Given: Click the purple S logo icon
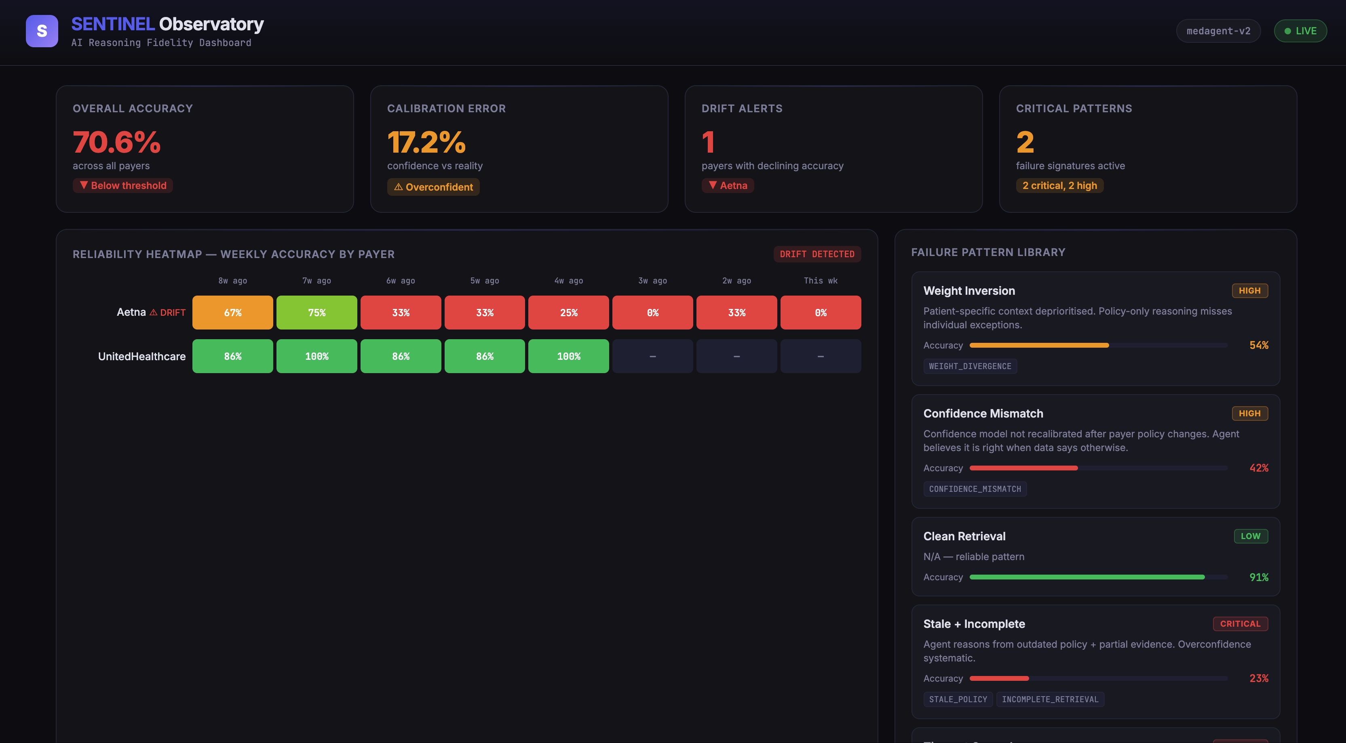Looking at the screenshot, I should pos(42,31).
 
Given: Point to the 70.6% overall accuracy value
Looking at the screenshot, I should pos(116,142).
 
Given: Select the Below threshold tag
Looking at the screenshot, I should pos(123,185).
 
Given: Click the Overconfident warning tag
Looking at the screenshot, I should pos(433,187).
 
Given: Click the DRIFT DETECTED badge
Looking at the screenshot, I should pos(816,254).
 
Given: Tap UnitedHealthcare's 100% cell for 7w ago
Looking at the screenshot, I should pos(316,356).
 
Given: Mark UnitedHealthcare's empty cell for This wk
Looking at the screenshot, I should pos(821,356).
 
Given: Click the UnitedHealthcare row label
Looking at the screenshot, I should pos(141,356).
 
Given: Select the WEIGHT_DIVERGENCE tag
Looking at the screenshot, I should pos(970,366).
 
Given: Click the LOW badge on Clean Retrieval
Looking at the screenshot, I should pos(1250,536).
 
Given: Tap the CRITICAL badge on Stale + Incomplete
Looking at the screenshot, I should pos(1240,623).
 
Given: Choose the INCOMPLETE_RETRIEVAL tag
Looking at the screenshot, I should pos(1050,699).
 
